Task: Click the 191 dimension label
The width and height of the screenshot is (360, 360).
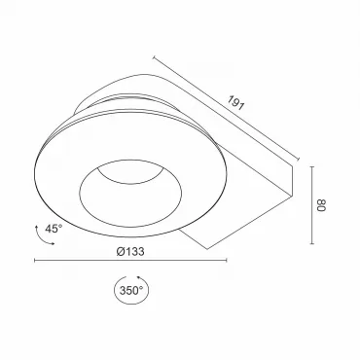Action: tap(234, 103)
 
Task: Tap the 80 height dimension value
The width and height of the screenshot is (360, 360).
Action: tap(321, 205)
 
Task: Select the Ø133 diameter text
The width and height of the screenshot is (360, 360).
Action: tap(130, 251)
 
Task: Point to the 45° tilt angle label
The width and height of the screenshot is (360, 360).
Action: tap(54, 229)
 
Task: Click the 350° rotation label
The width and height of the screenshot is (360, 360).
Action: tap(131, 290)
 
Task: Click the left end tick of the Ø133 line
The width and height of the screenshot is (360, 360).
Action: tap(35, 260)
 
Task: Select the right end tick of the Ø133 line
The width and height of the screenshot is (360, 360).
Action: tap(227, 260)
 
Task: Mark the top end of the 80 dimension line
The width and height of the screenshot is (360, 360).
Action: tap(312, 166)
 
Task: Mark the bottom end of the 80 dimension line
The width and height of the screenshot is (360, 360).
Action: tap(312, 243)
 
